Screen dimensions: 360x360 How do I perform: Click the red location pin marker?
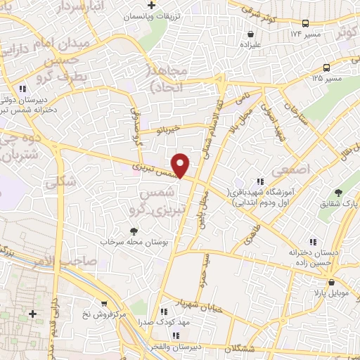coord(181,165)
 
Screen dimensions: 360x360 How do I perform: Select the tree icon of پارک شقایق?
coord(338,192)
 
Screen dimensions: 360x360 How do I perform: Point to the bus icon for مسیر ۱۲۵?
coord(327,67)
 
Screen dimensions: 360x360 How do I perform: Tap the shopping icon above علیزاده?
coord(250,32)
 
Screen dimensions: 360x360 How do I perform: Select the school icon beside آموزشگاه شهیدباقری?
coord(261,182)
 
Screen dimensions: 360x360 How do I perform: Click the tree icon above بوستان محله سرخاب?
coord(134,231)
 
